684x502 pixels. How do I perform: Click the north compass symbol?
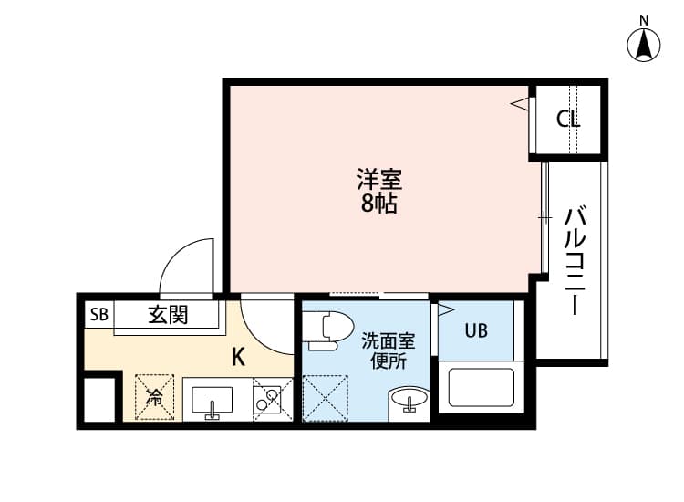point(646,45)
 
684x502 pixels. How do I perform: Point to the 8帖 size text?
point(378,204)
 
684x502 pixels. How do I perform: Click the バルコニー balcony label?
point(575,261)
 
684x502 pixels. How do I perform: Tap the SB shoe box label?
point(98,316)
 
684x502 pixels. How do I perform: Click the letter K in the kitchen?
point(237,357)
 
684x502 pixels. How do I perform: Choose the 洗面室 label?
point(388,341)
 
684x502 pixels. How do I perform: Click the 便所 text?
point(388,361)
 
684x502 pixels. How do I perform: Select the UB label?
point(476,331)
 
